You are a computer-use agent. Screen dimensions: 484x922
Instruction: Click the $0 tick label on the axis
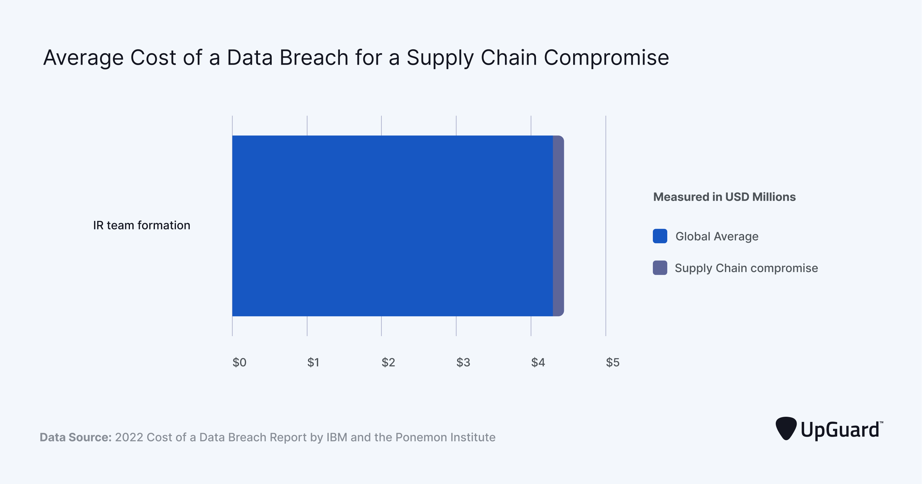239,362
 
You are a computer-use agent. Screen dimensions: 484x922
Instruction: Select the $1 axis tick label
313,362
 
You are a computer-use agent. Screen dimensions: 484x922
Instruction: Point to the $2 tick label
388,362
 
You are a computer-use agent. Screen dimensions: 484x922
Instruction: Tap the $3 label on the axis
463,362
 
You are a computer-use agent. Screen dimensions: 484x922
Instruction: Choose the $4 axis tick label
538,362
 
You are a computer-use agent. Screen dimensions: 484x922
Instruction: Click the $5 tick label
613,362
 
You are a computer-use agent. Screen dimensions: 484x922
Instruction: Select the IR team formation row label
142,225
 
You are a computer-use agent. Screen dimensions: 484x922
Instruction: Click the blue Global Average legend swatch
660,236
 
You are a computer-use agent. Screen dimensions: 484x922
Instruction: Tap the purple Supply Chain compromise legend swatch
660,268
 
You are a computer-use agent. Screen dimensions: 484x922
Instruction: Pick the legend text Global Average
717,236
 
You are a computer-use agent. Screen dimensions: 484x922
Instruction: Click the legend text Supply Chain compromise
746,268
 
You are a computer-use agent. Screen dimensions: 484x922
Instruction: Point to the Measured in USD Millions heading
724,197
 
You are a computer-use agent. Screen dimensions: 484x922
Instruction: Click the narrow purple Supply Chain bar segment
558,226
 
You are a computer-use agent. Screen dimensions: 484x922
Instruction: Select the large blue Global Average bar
392,226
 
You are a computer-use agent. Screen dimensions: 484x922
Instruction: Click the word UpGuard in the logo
840,430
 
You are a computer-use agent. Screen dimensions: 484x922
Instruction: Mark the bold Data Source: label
76,437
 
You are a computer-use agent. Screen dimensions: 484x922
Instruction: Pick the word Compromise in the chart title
606,58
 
